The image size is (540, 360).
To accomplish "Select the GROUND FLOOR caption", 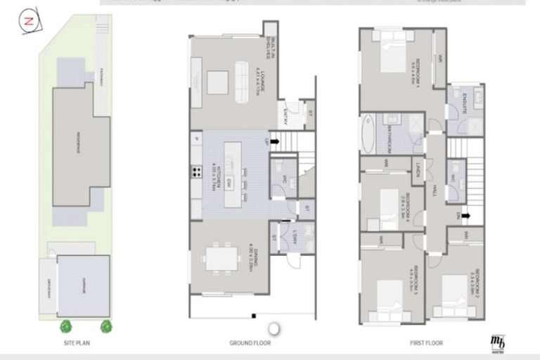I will point(250,343).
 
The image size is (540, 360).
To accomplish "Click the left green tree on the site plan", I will point(66,326).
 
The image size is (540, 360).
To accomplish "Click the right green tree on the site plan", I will point(106,326).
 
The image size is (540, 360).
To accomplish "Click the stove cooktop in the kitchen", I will point(194,171).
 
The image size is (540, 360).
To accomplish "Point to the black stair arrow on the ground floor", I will point(274,141).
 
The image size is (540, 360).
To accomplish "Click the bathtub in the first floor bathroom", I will point(367,134).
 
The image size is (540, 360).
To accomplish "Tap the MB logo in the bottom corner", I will point(498,341).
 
